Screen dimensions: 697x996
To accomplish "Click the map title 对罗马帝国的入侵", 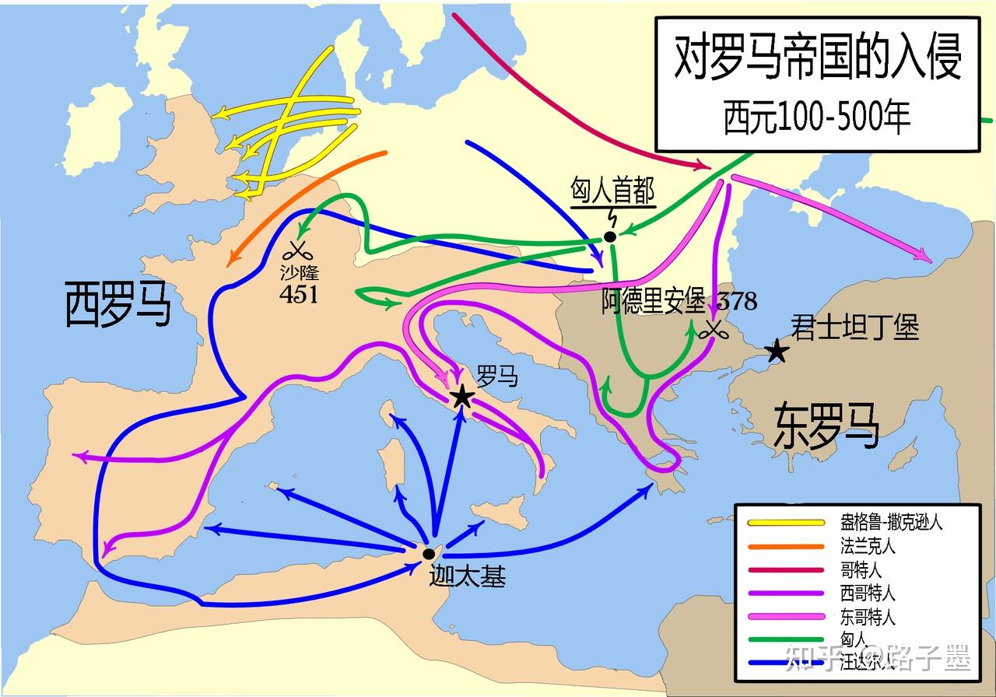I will [816, 60].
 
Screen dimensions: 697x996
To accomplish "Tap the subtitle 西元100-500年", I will [816, 117].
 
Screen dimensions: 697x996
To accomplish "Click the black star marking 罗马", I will [462, 397].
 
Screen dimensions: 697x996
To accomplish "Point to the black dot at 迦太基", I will [428, 554].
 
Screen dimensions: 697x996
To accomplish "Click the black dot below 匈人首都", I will [610, 236].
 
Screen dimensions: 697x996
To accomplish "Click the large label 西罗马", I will [117, 304].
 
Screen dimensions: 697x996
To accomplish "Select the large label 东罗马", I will [826, 426].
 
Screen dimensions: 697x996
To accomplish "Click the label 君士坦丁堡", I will [854, 327].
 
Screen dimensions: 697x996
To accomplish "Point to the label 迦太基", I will [467, 577].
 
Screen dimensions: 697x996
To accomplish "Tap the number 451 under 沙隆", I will [300, 294].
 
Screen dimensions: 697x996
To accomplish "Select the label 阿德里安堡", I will [652, 301].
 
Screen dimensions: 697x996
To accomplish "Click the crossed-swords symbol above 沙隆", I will [296, 250].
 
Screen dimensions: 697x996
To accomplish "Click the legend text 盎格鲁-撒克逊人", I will [891, 522].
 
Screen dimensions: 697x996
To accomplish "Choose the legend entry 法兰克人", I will [868, 546].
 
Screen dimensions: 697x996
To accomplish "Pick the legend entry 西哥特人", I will [868, 594].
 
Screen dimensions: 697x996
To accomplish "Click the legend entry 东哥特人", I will [868, 618].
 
